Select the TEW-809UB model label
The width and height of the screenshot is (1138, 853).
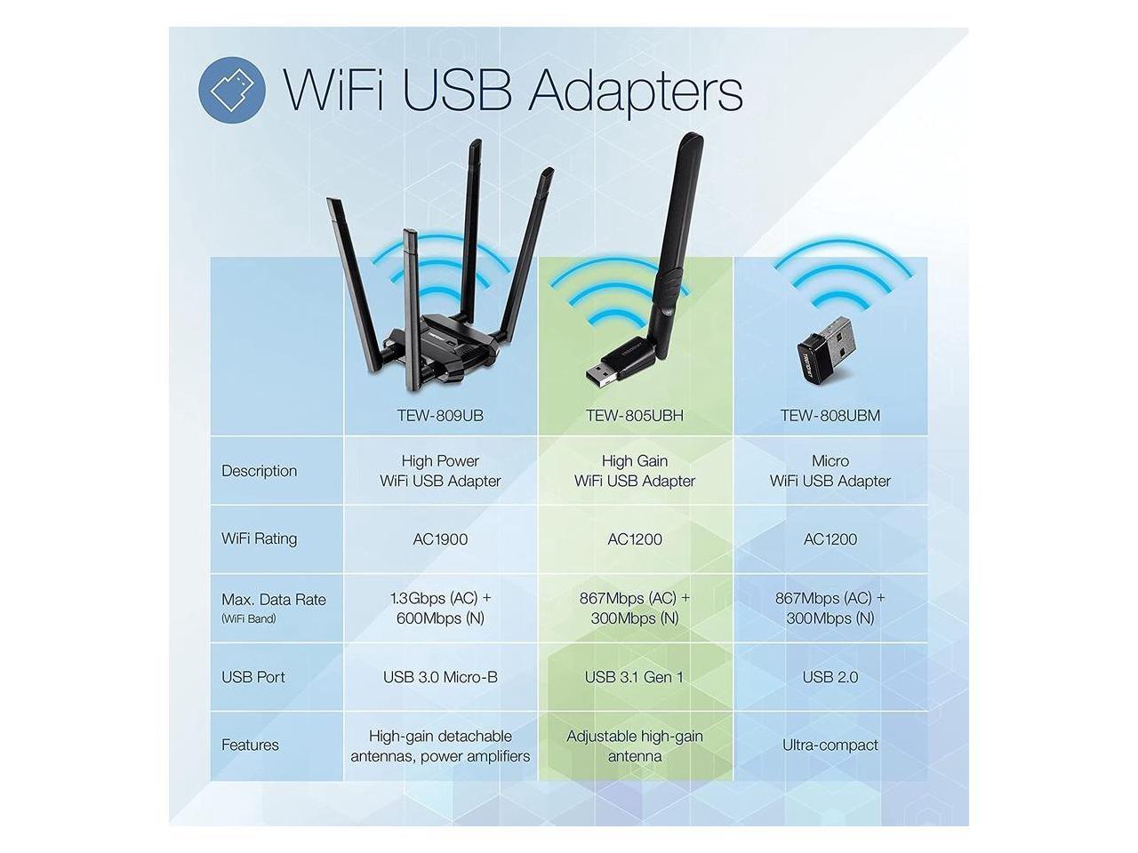point(440,415)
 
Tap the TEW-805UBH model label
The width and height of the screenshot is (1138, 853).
point(635,415)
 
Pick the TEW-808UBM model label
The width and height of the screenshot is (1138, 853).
point(829,415)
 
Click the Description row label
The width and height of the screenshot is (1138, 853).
point(259,471)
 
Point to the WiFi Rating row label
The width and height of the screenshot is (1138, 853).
point(259,538)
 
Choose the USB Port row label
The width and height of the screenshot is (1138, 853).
point(253,677)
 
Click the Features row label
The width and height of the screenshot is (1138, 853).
point(250,745)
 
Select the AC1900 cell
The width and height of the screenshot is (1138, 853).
point(440,539)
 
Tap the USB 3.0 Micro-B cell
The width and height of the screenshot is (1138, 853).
point(440,677)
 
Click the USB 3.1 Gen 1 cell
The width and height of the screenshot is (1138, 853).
point(635,677)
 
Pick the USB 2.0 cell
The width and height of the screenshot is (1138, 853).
point(829,677)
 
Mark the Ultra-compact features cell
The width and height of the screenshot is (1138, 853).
point(829,745)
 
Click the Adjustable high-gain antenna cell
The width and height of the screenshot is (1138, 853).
point(635,746)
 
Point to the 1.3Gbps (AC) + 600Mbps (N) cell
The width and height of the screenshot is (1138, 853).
point(440,609)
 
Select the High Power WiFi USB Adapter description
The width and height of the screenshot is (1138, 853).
point(440,471)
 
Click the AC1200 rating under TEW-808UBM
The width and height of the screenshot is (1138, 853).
point(829,539)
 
